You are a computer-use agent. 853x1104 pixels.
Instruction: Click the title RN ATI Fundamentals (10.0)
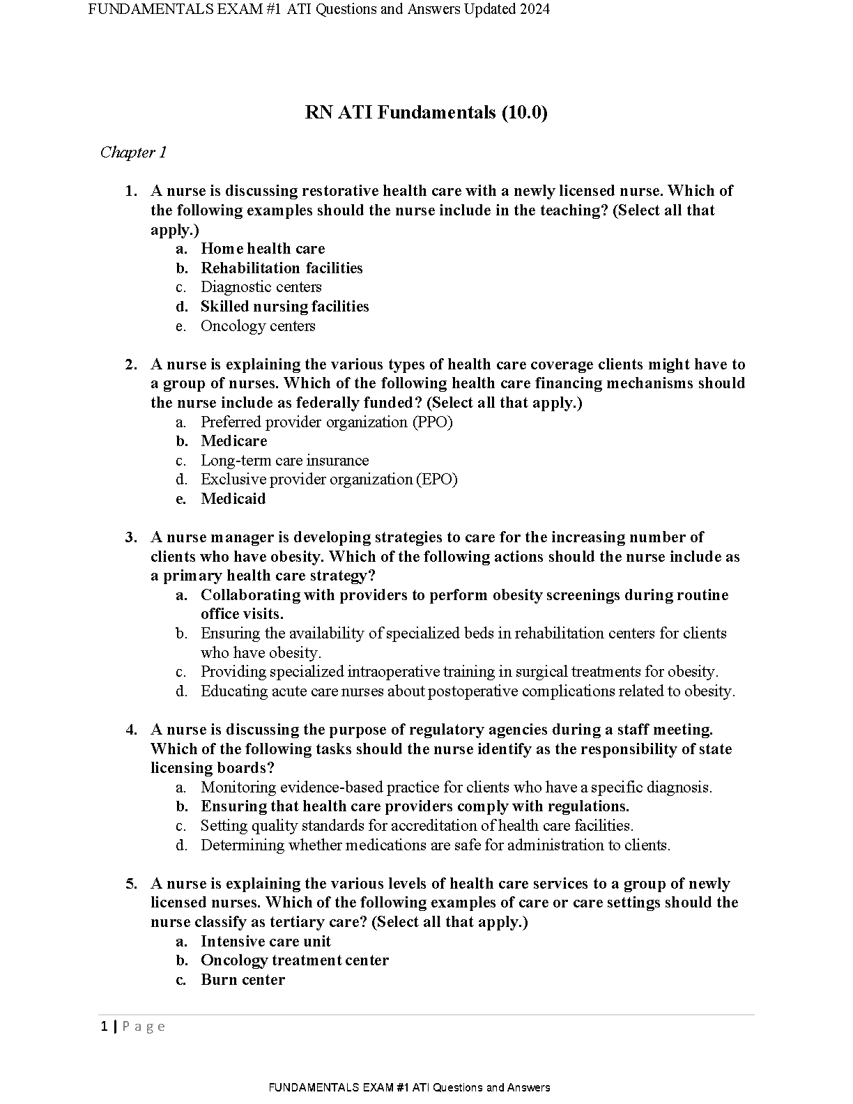pos(426,113)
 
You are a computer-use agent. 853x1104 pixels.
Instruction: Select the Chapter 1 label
pos(133,152)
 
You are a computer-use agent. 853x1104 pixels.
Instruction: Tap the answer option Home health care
pos(263,249)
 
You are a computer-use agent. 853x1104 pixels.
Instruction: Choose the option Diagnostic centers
pos(261,287)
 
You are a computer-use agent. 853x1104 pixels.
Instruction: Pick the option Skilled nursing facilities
pos(284,307)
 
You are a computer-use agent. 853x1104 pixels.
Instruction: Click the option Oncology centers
pos(258,326)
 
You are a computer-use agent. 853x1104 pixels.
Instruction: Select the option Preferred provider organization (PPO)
pos(326,422)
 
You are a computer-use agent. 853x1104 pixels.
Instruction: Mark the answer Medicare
pos(233,441)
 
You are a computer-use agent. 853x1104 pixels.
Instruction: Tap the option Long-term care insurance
pos(284,461)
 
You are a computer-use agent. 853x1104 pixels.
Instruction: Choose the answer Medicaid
pos(233,499)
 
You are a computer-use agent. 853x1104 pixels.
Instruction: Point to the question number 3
pos(130,537)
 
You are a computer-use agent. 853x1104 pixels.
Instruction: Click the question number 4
pos(130,730)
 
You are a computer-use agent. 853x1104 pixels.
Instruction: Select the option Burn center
pos(243,980)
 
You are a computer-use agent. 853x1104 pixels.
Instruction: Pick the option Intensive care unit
pos(266,942)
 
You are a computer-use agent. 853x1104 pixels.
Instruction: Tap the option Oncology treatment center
pos(294,960)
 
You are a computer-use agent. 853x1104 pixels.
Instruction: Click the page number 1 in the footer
pos(105,1027)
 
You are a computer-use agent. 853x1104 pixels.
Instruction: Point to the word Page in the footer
pos(144,1027)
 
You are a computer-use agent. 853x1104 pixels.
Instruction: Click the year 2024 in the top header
pos(530,9)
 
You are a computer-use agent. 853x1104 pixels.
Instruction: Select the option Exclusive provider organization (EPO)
pos(329,480)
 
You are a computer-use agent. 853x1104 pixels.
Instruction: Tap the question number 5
pos(130,884)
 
